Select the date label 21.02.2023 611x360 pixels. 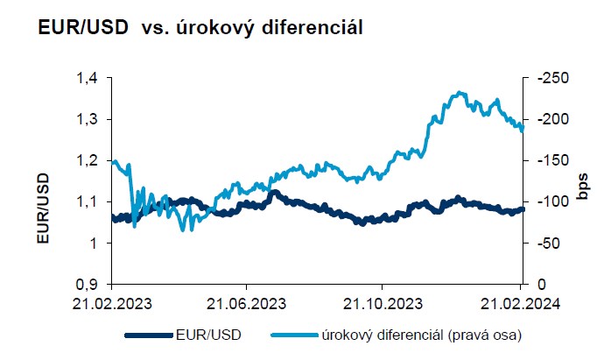[x=112, y=303]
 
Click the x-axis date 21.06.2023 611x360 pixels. [x=246, y=303]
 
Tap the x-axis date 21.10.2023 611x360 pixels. [x=382, y=303]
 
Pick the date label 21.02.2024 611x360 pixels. [x=517, y=303]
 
